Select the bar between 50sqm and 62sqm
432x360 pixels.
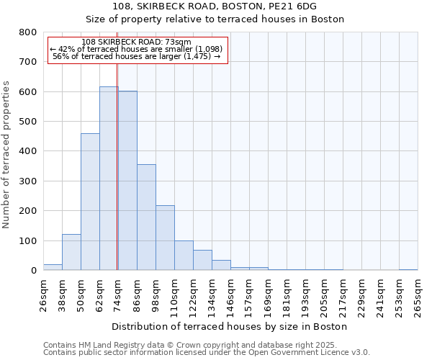click(90, 202)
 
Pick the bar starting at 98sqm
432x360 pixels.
click(165, 238)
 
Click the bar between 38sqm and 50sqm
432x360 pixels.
click(71, 252)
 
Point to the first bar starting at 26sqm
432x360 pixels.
click(53, 267)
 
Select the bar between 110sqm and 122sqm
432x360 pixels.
click(184, 256)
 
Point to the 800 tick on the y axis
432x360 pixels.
click(28, 32)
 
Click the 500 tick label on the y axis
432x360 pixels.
click(28, 122)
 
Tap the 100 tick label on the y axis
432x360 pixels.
click(28, 240)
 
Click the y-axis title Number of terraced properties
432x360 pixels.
click(6, 154)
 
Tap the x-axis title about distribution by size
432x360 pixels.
click(230, 326)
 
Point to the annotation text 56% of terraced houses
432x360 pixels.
click(137, 56)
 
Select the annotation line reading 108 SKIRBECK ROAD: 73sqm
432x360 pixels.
click(137, 42)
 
